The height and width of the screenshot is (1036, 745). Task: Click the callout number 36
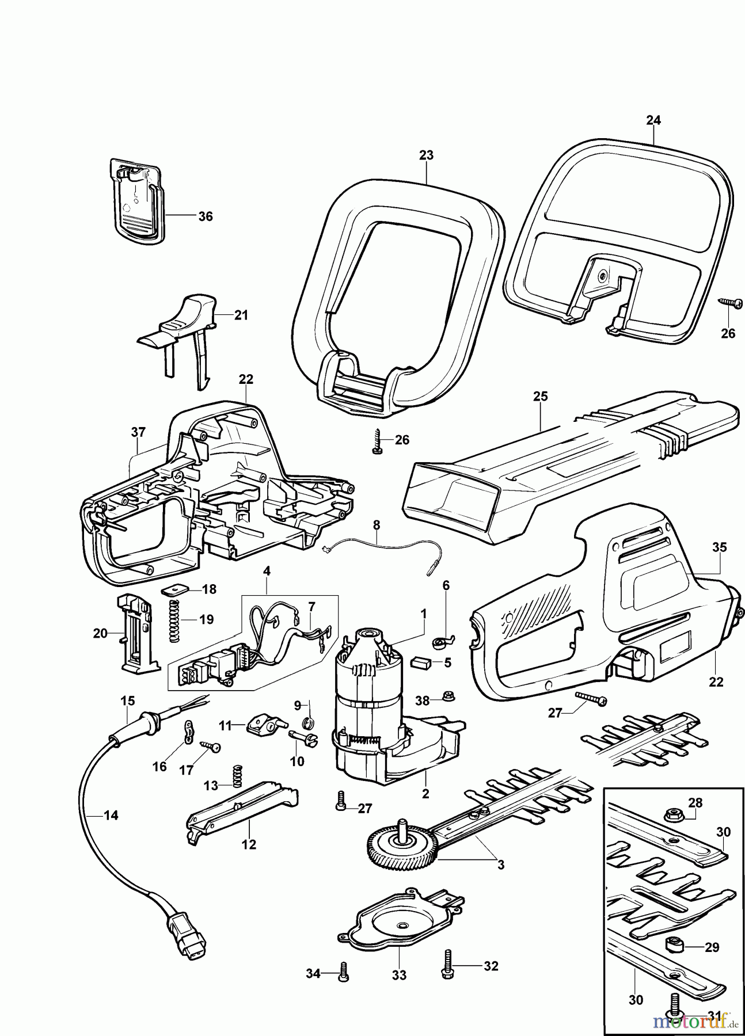coord(205,216)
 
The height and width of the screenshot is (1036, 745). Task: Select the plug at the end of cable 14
coord(187,936)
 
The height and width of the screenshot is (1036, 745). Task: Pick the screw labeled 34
coord(344,971)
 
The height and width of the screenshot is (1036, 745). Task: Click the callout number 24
coord(653,120)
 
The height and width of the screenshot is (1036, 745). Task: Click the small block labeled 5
coord(419,663)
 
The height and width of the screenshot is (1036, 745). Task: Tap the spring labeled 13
coord(235,776)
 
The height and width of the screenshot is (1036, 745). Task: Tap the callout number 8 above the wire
coord(377,525)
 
